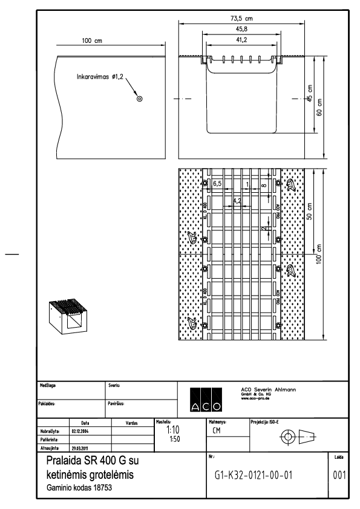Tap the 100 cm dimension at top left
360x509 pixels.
[92, 41]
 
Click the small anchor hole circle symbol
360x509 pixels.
[140, 99]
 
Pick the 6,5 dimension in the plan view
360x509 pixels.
[217, 182]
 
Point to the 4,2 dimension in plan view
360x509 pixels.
[237, 200]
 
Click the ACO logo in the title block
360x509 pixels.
[204, 397]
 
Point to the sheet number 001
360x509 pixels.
[339, 475]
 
